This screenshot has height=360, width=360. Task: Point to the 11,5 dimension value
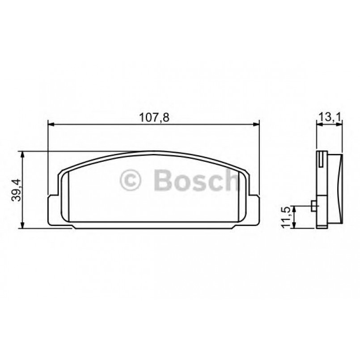(284, 217)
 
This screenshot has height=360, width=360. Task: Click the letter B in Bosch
(162, 180)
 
